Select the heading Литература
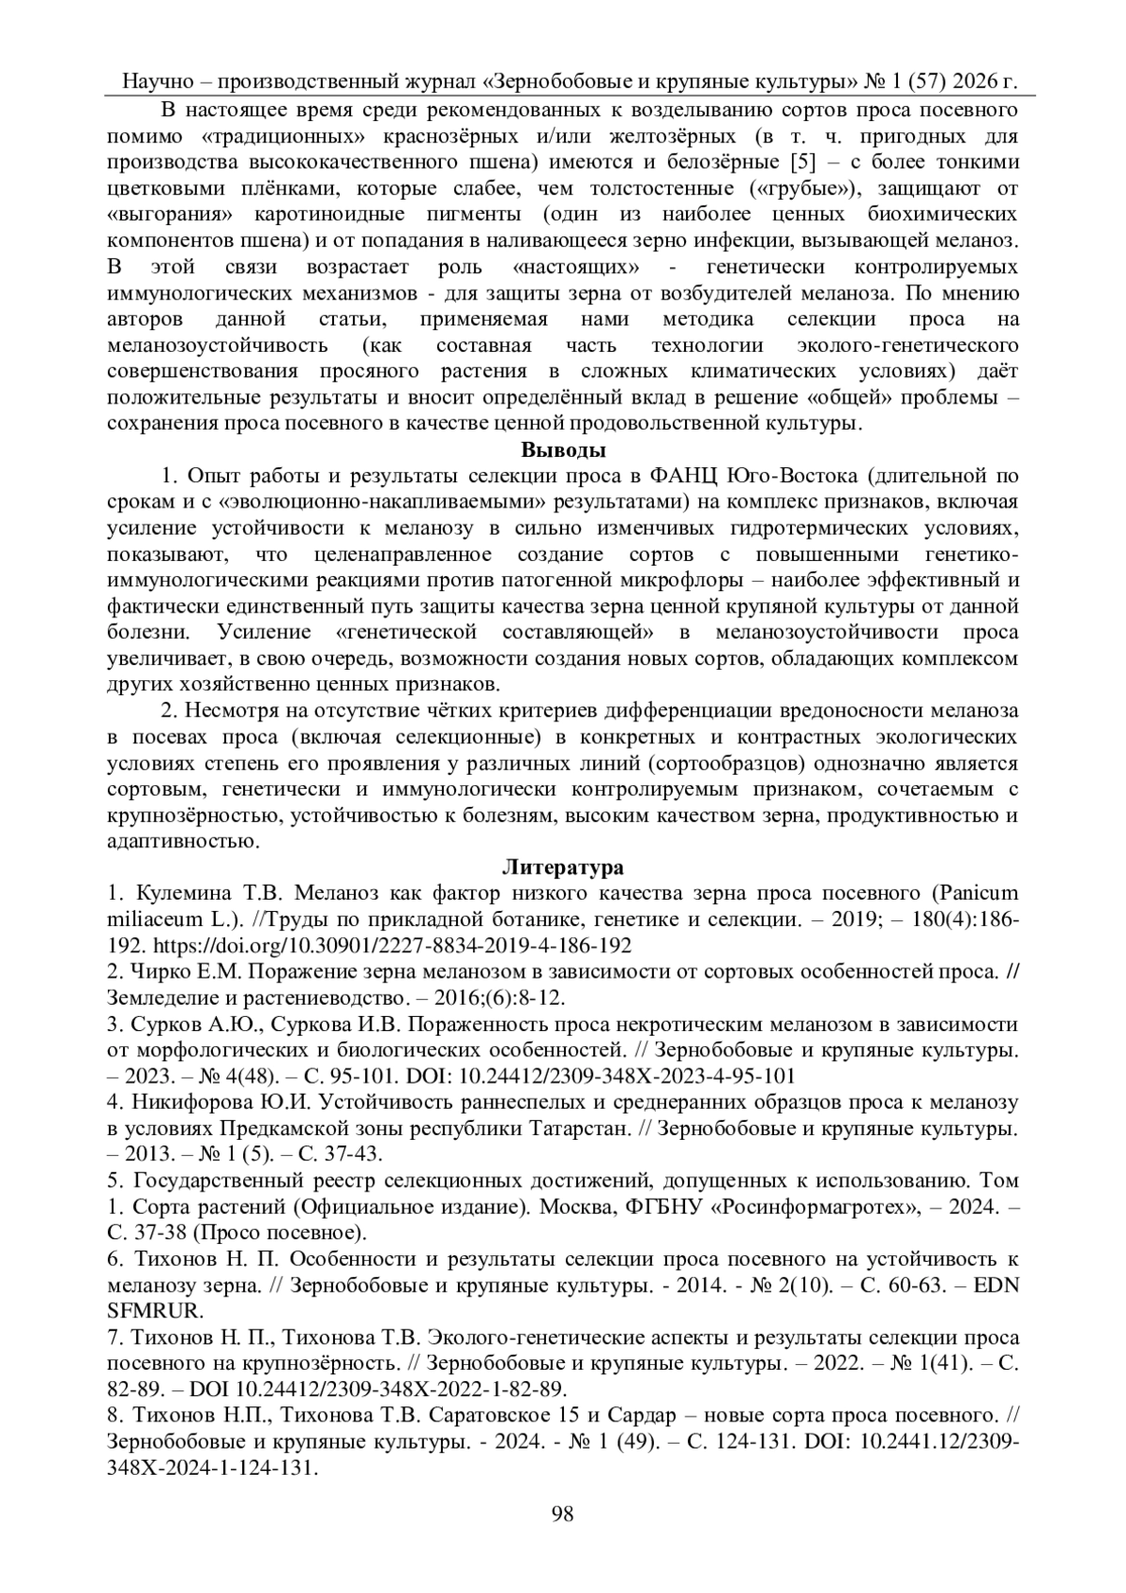[563, 864]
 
